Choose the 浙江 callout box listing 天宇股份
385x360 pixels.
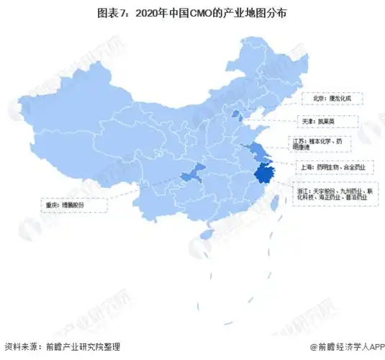334,193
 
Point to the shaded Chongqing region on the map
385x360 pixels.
193,175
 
